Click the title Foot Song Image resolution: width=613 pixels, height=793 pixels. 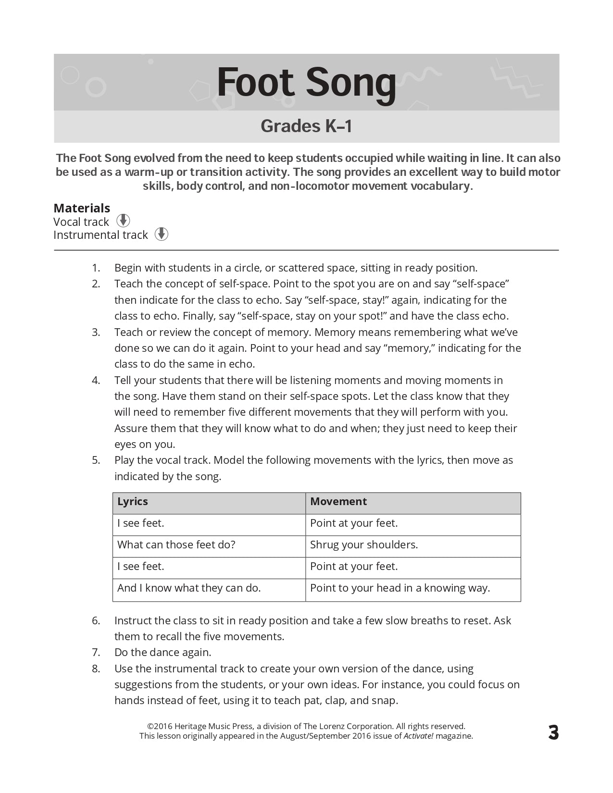point(306,83)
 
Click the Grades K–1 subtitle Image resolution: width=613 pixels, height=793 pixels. point(306,126)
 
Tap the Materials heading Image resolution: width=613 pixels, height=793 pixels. point(82,208)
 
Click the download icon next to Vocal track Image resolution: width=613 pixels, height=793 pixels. point(123,221)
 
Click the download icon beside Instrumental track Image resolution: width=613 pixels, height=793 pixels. point(162,234)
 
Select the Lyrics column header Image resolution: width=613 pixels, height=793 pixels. point(133,501)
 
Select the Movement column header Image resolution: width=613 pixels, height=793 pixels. point(338,501)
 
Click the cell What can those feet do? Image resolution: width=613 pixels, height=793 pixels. point(176,545)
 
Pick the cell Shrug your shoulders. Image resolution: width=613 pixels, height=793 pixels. point(364,545)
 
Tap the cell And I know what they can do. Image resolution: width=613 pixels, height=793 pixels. point(189,588)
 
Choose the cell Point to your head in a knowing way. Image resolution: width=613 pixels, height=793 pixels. point(400,588)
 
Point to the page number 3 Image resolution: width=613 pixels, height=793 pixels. point(553,732)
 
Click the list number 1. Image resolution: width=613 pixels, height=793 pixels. point(96,268)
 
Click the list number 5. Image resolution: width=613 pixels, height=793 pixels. point(96,460)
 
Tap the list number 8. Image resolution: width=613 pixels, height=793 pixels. point(96,669)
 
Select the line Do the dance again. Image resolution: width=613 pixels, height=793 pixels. point(163,652)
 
